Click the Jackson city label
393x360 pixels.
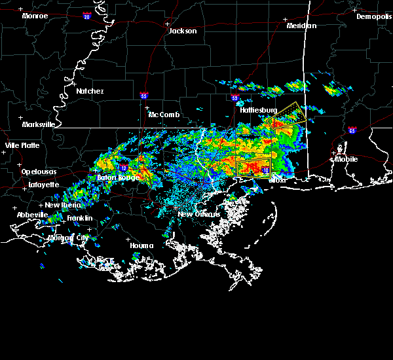coord(182,31)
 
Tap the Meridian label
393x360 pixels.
coord(301,26)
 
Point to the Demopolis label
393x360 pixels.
coord(373,16)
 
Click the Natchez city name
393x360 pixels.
coord(90,91)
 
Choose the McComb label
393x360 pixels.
coord(164,115)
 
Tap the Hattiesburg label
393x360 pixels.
coord(259,110)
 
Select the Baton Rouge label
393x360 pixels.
coord(118,177)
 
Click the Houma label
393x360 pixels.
coord(141,245)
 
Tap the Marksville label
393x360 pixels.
coord(38,124)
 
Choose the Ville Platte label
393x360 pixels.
coord(22,145)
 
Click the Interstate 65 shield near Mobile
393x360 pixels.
coord(352,130)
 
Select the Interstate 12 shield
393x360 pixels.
coord(123,168)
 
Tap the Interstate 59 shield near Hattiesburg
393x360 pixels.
coord(235,99)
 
